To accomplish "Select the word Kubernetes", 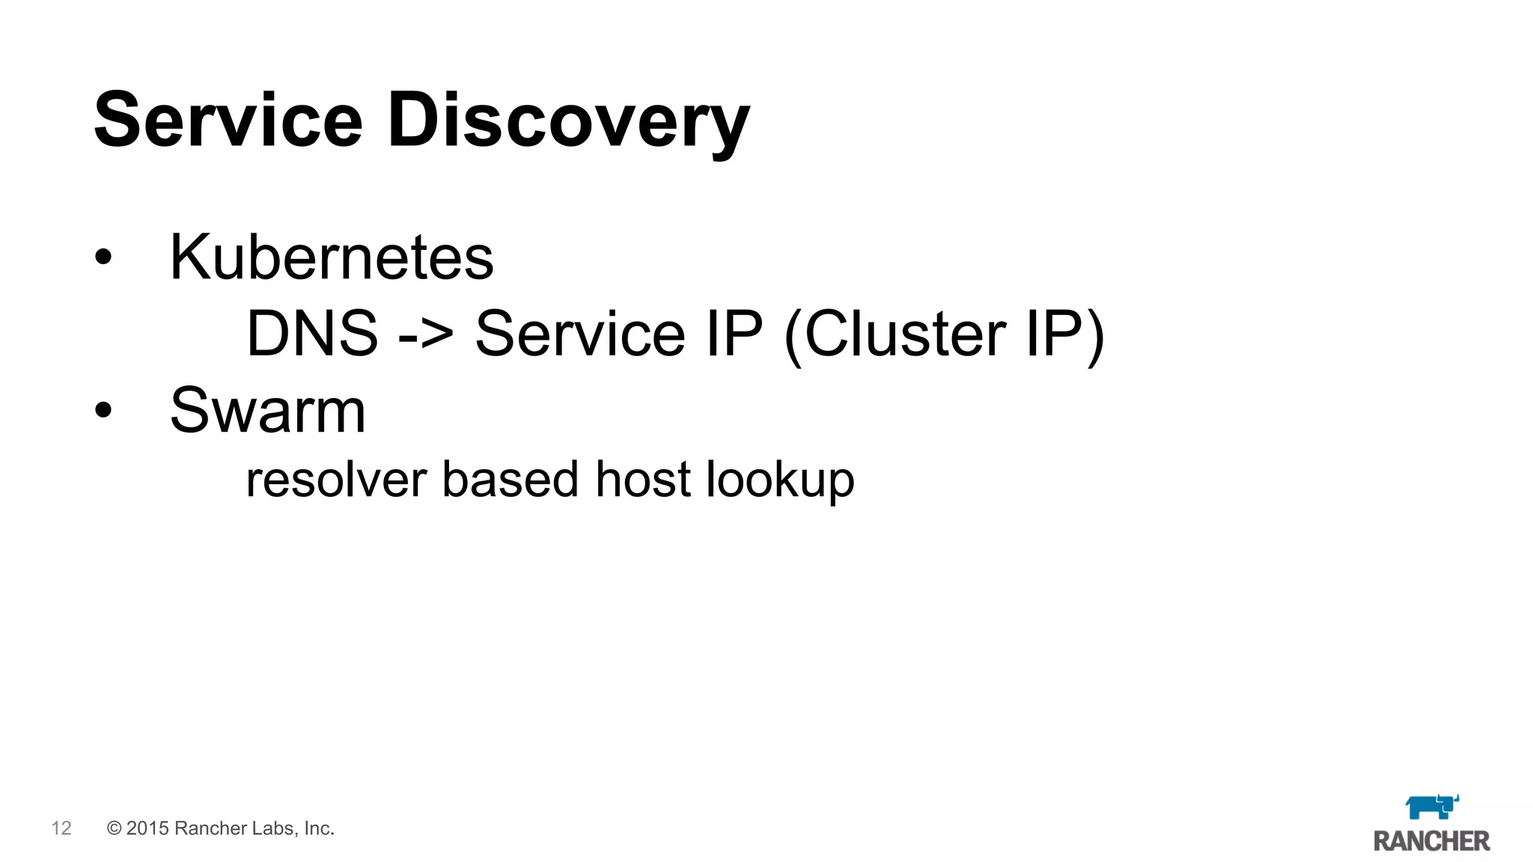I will (x=332, y=257).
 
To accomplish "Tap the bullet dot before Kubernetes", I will (x=103, y=257).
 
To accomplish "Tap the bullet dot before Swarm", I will (x=103, y=409).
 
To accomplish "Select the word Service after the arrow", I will (x=580, y=334).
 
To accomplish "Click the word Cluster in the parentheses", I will (x=906, y=334).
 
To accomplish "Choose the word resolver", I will (x=336, y=480).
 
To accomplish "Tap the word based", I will (x=511, y=480).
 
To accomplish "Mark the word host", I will (x=642, y=480).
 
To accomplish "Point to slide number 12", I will (x=61, y=828).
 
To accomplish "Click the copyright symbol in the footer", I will (x=115, y=828).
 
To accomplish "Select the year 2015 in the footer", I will (x=147, y=828).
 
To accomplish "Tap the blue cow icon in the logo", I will (x=1431, y=807).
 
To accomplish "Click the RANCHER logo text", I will (x=1431, y=841).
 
